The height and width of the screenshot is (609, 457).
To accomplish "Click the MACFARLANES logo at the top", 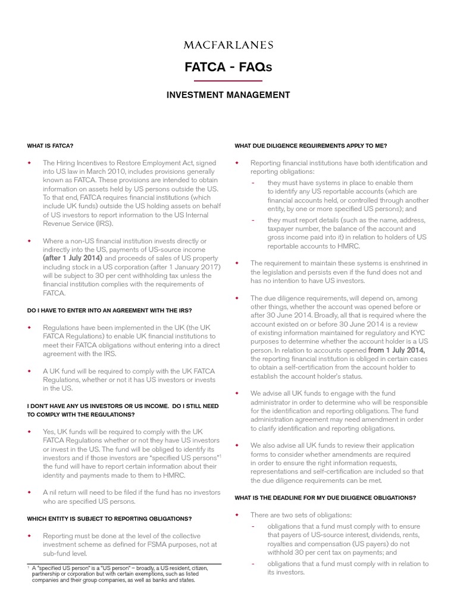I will click(228, 45).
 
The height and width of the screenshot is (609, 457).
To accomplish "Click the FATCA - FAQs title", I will click(228, 67).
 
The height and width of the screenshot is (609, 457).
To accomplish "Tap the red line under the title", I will click(228, 80).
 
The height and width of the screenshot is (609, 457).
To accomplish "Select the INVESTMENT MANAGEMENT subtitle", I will click(228, 95).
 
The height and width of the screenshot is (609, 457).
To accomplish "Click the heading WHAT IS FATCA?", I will click(50, 146).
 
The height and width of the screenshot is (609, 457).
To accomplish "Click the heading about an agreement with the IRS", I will click(109, 310).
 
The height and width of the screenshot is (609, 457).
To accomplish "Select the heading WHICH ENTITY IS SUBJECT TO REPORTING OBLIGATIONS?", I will click(109, 519).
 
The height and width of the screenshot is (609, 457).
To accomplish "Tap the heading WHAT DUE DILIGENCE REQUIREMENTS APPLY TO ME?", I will click(311, 146).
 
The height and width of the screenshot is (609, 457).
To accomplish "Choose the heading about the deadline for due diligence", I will click(325, 497).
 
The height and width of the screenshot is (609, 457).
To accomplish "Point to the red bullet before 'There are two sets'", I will click(237, 514).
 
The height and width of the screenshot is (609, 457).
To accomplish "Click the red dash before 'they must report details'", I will click(253, 220).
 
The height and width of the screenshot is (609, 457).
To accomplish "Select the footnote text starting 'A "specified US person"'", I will click(120, 574).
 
